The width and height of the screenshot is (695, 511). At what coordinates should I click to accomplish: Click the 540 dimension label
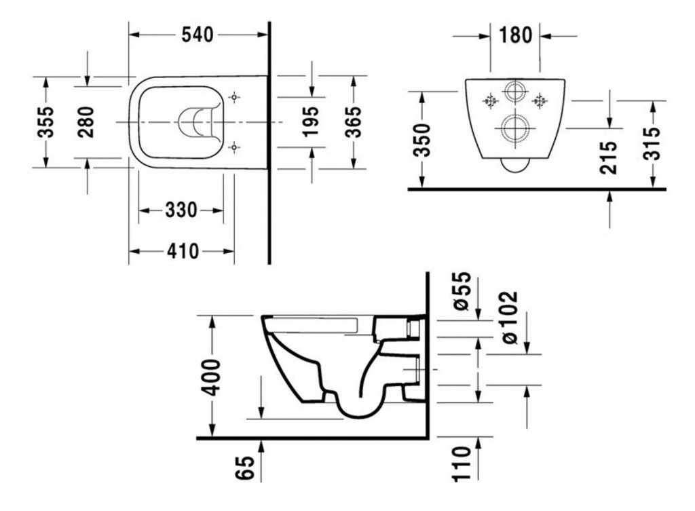tap(198, 35)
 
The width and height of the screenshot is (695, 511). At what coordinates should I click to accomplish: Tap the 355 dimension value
tap(45, 122)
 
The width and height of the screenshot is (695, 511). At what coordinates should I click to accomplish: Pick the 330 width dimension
tap(181, 210)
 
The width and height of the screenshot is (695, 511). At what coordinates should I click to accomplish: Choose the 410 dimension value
tap(183, 251)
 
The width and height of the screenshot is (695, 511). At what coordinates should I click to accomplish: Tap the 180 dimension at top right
tap(515, 35)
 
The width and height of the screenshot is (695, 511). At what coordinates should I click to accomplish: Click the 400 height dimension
tap(212, 377)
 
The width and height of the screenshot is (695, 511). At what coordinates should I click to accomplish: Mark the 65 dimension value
tap(245, 468)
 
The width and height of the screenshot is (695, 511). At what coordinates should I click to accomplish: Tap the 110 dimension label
tap(461, 464)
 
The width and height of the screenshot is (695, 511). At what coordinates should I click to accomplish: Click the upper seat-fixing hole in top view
tap(234, 96)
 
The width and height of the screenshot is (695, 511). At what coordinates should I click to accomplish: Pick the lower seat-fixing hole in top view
tap(234, 147)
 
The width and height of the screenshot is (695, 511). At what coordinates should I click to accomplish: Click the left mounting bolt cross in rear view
tap(490, 101)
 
